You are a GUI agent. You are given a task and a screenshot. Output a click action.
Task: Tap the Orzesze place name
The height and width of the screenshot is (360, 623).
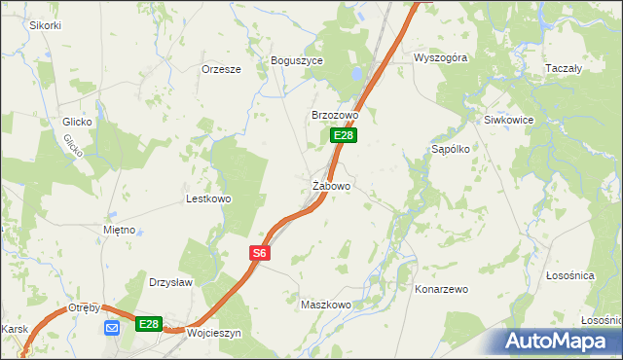[220, 69]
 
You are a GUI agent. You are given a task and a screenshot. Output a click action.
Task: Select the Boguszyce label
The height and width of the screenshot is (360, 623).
[296, 59]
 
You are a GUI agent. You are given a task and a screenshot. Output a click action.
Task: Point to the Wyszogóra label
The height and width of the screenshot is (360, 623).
[440, 57]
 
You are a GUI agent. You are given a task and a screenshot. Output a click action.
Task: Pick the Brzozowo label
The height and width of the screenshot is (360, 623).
[335, 115]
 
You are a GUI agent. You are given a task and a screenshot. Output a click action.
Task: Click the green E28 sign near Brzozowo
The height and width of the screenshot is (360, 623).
[342, 135]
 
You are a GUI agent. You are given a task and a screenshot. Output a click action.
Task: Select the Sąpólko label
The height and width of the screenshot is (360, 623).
[451, 150]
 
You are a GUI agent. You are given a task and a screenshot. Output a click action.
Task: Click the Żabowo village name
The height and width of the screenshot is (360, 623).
[331, 185]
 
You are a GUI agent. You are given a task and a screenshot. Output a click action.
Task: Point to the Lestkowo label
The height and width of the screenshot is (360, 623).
[208, 198]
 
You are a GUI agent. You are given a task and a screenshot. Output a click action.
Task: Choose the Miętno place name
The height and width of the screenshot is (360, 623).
[124, 231]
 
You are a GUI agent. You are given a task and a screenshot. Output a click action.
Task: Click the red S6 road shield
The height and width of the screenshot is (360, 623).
[258, 253]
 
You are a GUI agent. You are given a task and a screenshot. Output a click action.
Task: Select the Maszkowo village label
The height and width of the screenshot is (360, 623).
[325, 305]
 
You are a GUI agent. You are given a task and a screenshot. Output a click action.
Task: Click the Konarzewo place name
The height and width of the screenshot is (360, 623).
[442, 290]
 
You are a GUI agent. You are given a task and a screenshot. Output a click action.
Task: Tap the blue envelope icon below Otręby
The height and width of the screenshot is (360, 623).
[112, 326]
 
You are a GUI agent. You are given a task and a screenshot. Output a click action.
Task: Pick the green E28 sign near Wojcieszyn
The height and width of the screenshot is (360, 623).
[148, 324]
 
